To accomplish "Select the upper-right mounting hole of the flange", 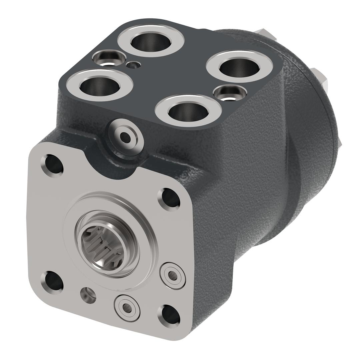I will pos(171,199).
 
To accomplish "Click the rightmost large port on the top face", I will pos(239,67).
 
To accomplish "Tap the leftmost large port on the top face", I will pos(99,85).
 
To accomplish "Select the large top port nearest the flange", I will pos(188,111).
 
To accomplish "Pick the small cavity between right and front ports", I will pos(230,92).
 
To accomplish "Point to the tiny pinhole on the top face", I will pos(134,64).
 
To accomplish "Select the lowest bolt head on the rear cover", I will pos(340,142).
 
